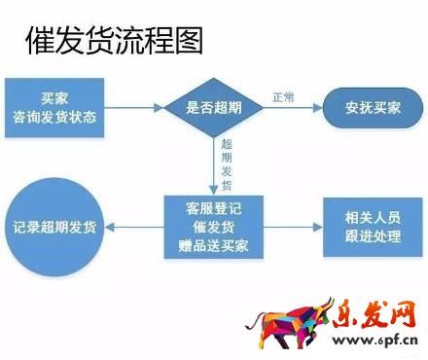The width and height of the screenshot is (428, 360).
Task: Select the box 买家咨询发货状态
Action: pyautogui.click(x=55, y=108)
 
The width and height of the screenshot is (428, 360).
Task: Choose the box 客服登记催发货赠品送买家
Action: pyautogui.click(x=213, y=228)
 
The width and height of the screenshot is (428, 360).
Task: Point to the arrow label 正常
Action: pyautogui.click(x=284, y=96)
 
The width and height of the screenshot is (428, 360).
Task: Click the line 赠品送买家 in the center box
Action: pyautogui.click(x=213, y=245)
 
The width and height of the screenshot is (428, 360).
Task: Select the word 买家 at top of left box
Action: pyautogui.click(x=55, y=98)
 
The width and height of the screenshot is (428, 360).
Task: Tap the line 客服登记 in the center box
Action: pyautogui.click(x=213, y=208)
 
